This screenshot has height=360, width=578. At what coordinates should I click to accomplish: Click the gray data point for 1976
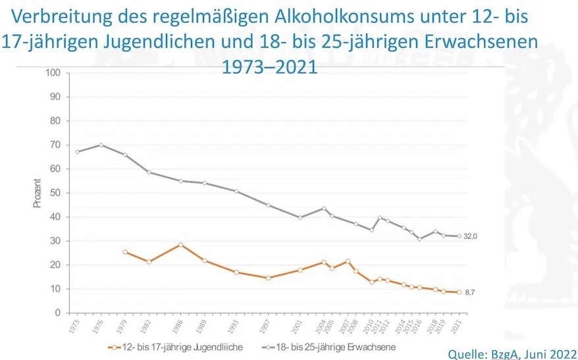tap(101, 145)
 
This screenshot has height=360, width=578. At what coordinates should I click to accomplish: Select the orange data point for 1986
tap(180, 245)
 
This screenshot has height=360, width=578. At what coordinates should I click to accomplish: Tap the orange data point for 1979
tap(125, 252)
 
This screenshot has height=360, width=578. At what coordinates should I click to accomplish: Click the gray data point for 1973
tap(78, 152)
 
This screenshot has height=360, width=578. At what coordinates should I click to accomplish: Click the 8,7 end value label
tap(470, 292)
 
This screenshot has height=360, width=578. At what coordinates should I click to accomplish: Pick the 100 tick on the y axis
tap(53, 72)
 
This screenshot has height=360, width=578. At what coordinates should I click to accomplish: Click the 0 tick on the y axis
tap(57, 313)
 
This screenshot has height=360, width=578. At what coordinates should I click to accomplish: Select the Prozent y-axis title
tap(38, 193)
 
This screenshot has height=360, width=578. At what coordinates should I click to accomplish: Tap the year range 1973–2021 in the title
tap(270, 66)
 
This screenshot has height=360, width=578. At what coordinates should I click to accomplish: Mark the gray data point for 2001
tap(300, 217)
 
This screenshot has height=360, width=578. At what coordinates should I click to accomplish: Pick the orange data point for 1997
tap(269, 278)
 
